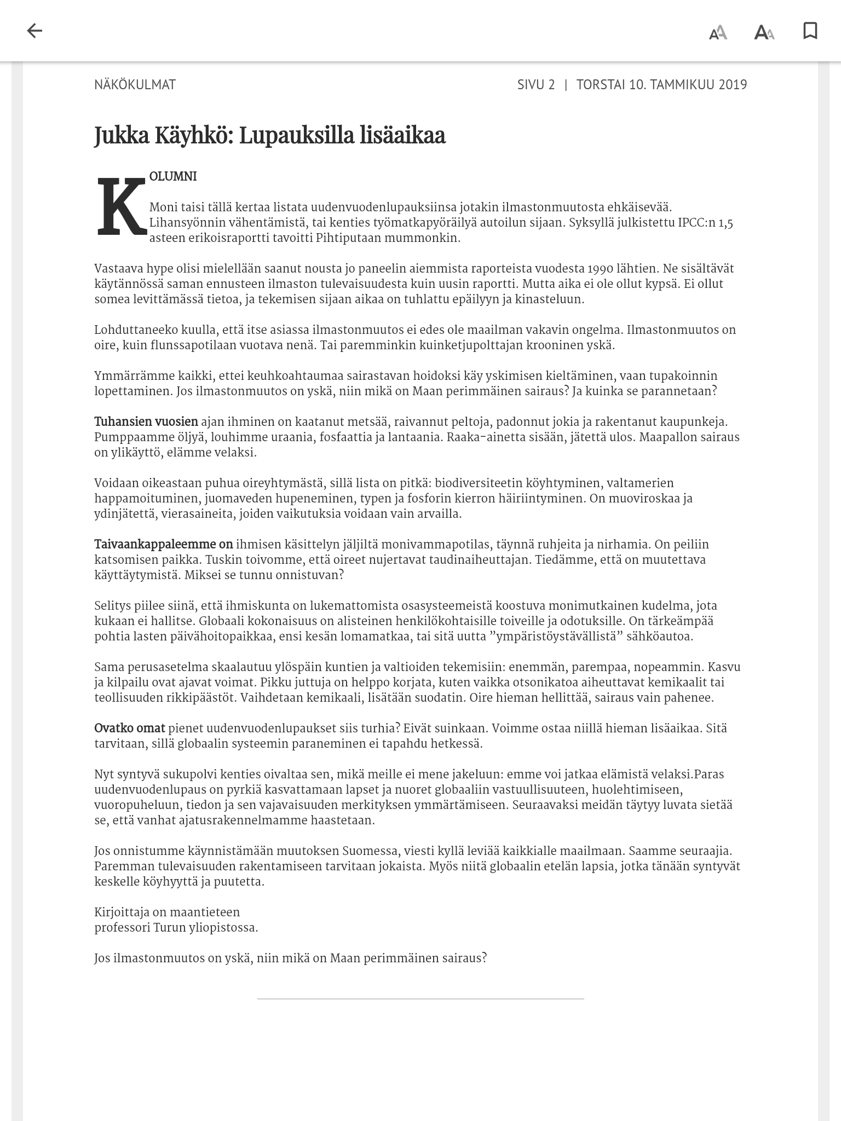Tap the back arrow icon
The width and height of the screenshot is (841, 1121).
34,31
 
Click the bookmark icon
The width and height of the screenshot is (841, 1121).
810,31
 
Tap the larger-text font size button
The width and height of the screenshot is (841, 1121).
764,32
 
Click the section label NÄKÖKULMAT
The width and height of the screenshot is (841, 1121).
135,84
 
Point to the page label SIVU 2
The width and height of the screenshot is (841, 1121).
535,84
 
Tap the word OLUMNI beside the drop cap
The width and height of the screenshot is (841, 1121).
173,176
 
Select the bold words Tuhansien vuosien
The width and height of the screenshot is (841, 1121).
146,422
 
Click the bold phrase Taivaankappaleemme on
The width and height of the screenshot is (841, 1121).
164,545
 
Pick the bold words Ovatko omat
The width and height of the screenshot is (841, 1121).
130,729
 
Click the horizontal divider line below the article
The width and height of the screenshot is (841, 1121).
420,999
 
